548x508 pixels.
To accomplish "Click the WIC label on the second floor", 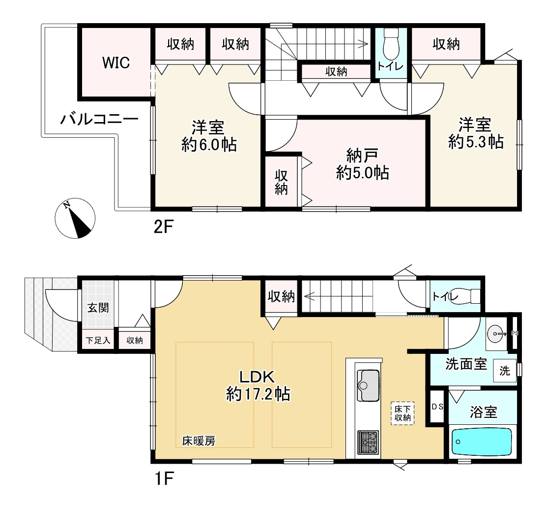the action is [116, 63].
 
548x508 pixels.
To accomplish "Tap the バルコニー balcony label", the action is [100, 120].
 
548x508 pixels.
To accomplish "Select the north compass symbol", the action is [75, 219].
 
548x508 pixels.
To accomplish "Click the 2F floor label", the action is [164, 227].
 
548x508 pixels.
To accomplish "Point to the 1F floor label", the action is [164, 478].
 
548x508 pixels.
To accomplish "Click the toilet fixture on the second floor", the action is [391, 44].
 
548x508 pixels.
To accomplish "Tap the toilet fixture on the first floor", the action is [468, 296].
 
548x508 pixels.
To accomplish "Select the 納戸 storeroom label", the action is [362, 155].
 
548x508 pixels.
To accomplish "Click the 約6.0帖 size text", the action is [209, 144].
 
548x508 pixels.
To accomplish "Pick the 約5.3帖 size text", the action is [476, 142].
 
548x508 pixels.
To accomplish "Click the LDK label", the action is [257, 377].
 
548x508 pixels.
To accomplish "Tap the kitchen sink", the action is [368, 385].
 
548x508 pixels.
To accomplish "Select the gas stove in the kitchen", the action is [368, 442].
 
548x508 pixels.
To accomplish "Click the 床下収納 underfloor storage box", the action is [403, 413].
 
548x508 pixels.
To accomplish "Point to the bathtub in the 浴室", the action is [482, 442].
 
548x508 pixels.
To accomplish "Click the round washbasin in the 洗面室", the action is [496, 332].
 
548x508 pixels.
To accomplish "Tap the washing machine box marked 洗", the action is [504, 370].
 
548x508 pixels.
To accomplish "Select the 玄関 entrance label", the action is [98, 308].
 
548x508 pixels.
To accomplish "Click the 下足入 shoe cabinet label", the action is [98, 340].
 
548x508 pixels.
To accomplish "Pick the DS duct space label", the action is [437, 407].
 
